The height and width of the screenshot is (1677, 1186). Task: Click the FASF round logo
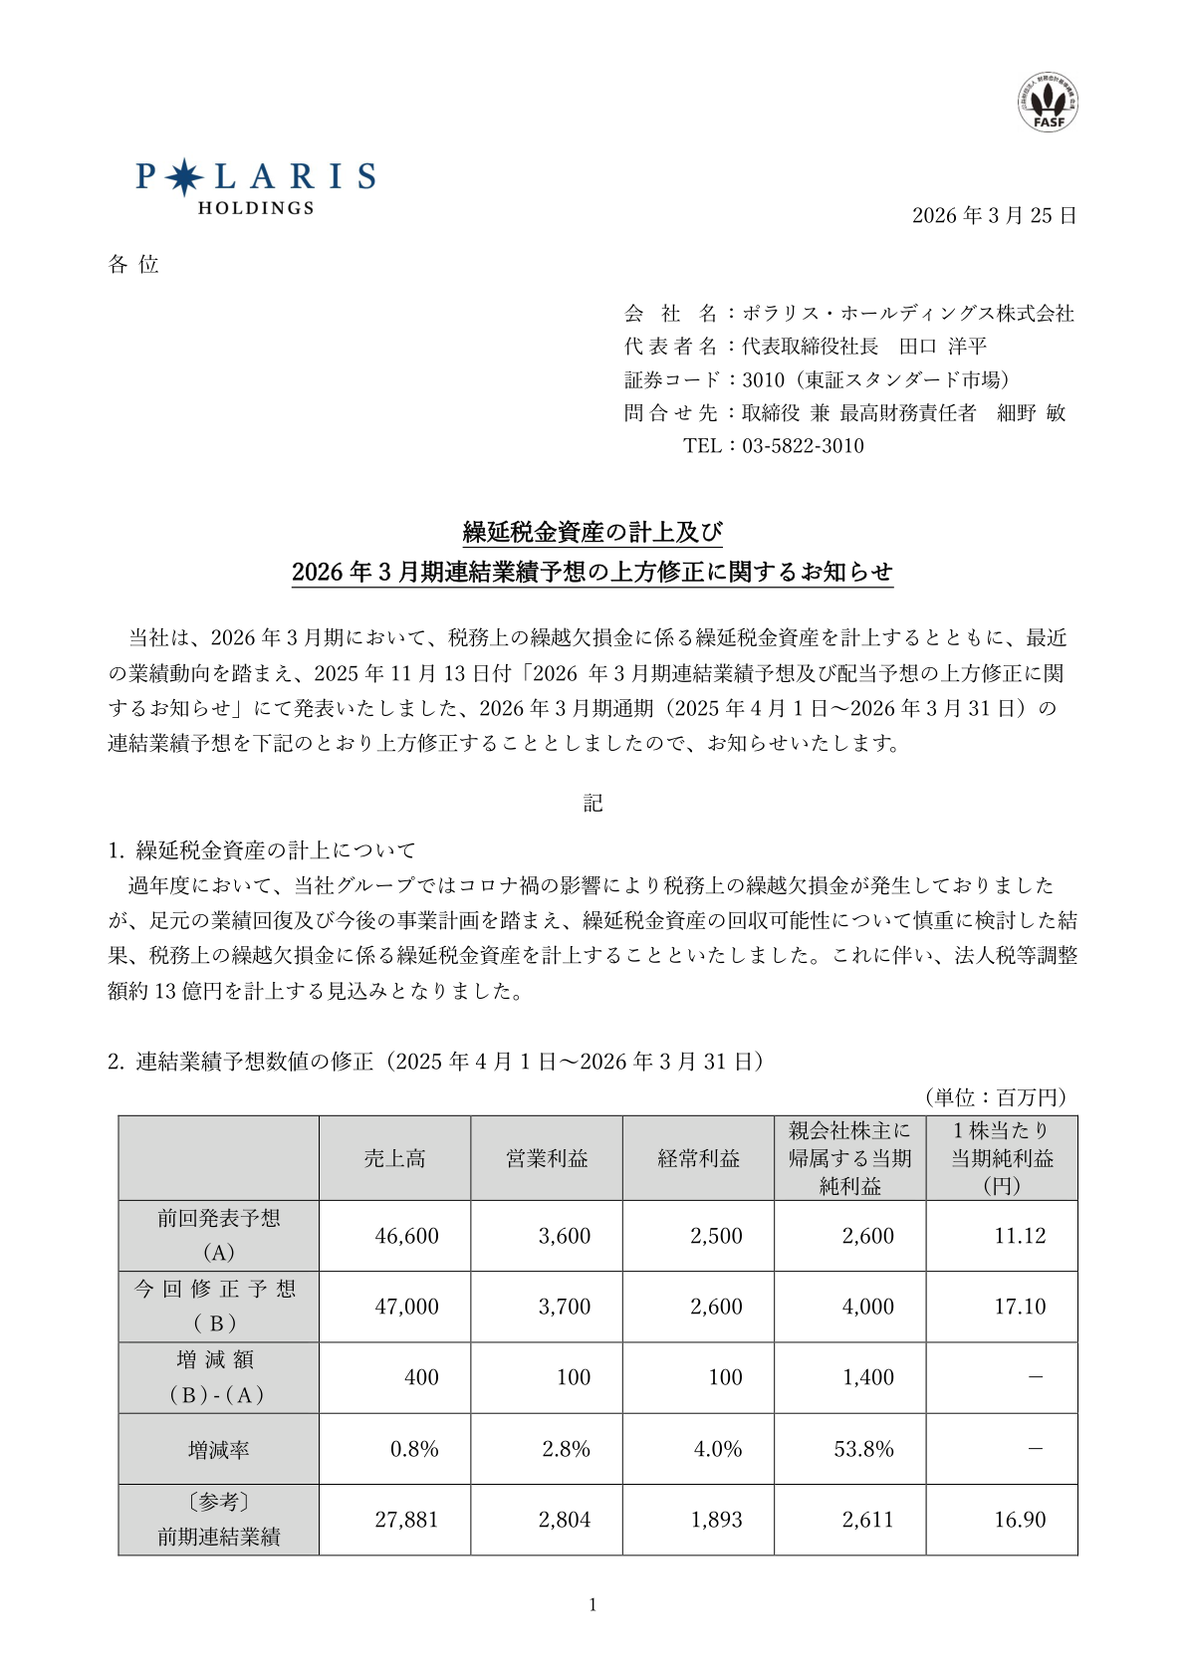click(1047, 103)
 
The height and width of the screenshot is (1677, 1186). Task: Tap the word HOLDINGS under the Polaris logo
click(256, 208)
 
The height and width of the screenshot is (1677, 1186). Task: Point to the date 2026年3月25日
click(994, 216)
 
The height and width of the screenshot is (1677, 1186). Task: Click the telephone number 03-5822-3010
click(803, 446)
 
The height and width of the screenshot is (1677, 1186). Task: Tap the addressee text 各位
click(133, 264)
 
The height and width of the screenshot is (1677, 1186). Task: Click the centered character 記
click(593, 803)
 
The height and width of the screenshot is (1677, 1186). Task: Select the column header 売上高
click(394, 1158)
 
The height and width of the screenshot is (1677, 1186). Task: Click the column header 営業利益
click(547, 1158)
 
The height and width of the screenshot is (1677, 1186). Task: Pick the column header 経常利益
click(698, 1158)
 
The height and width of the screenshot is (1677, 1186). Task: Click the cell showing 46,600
click(406, 1236)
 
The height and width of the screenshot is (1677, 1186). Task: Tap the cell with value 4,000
click(867, 1307)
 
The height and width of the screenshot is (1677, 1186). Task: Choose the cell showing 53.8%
click(863, 1449)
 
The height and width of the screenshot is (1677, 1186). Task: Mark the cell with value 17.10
click(1020, 1307)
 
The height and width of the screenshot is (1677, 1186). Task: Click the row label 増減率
click(218, 1450)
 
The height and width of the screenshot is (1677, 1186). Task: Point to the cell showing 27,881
click(406, 1520)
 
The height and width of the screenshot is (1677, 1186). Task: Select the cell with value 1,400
click(867, 1377)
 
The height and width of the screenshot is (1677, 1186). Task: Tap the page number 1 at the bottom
click(593, 1604)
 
